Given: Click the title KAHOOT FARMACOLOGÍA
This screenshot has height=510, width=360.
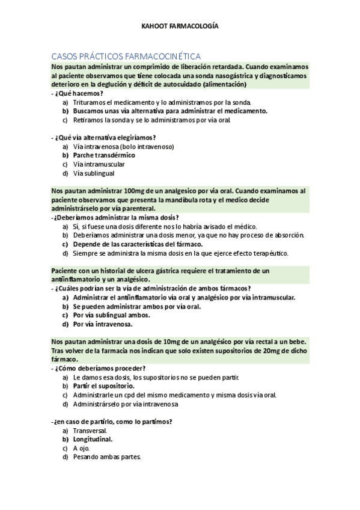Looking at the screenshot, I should tap(180, 26).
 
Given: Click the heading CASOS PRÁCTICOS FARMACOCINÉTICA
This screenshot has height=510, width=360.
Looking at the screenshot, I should tap(126, 55).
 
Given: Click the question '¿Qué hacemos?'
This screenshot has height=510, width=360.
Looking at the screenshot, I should tap(78, 93).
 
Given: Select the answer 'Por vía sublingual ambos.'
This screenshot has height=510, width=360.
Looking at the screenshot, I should tap(111, 315).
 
